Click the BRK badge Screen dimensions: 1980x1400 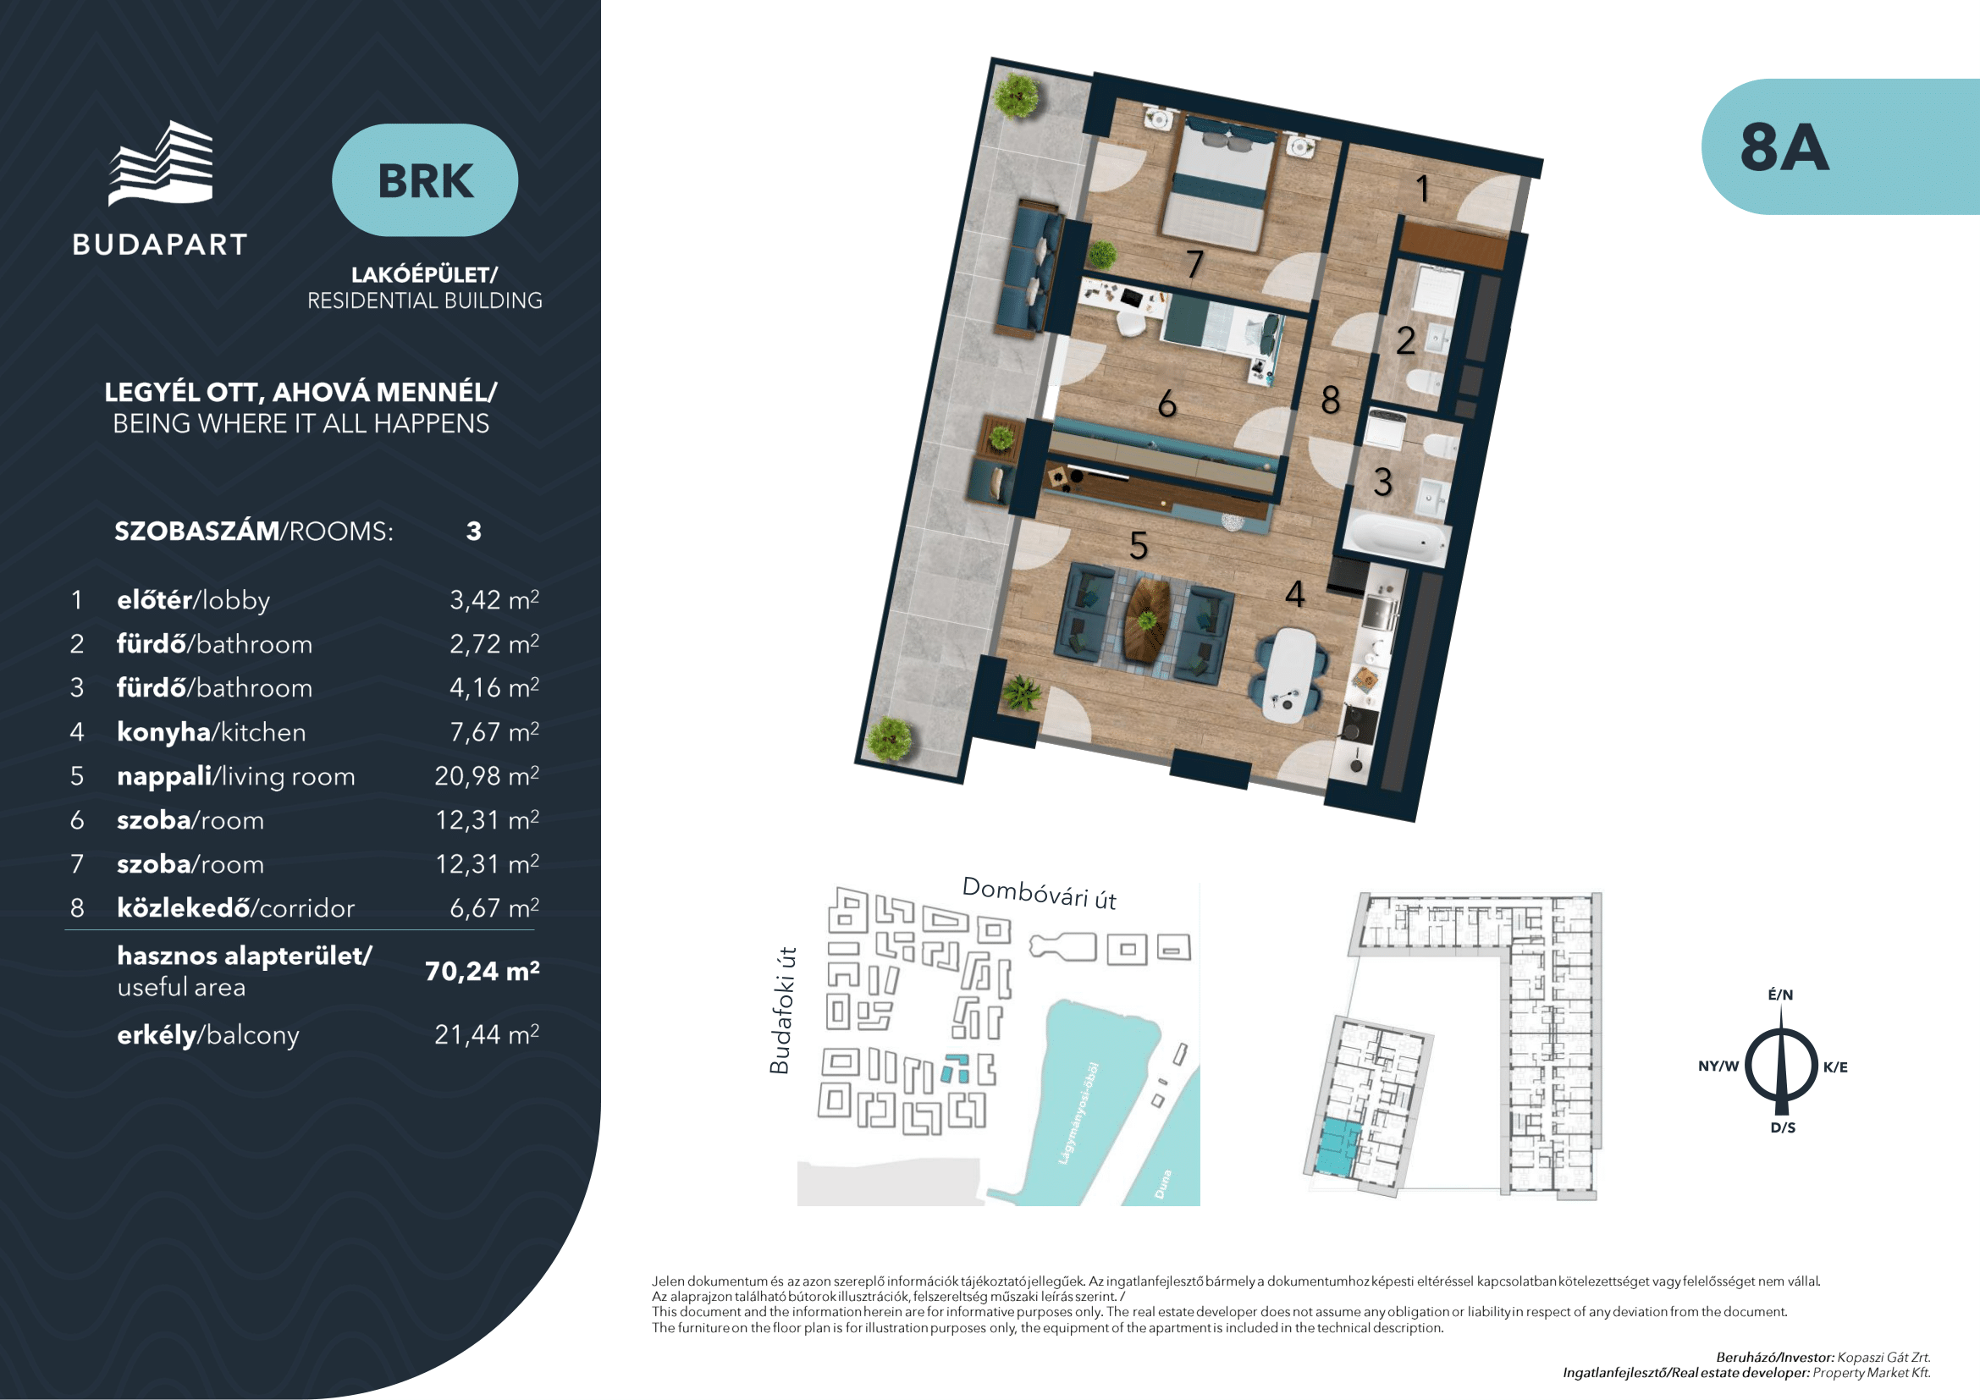[425, 180]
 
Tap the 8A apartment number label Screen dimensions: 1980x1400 [1784, 147]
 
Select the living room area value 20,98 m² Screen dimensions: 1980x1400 [487, 776]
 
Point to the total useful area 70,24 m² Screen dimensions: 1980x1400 [482, 972]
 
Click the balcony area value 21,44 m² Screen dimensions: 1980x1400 [487, 1033]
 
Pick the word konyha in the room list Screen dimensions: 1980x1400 [164, 733]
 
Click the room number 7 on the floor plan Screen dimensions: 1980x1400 [1194, 264]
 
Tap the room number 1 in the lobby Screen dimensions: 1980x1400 [1423, 189]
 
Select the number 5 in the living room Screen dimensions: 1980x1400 [1139, 546]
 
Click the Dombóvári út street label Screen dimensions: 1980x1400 [1040, 893]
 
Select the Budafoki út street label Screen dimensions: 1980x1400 [780, 1011]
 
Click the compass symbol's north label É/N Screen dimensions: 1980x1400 [1781, 995]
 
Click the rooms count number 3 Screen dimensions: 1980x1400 [473, 531]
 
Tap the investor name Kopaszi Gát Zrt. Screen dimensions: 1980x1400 [1883, 1357]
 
